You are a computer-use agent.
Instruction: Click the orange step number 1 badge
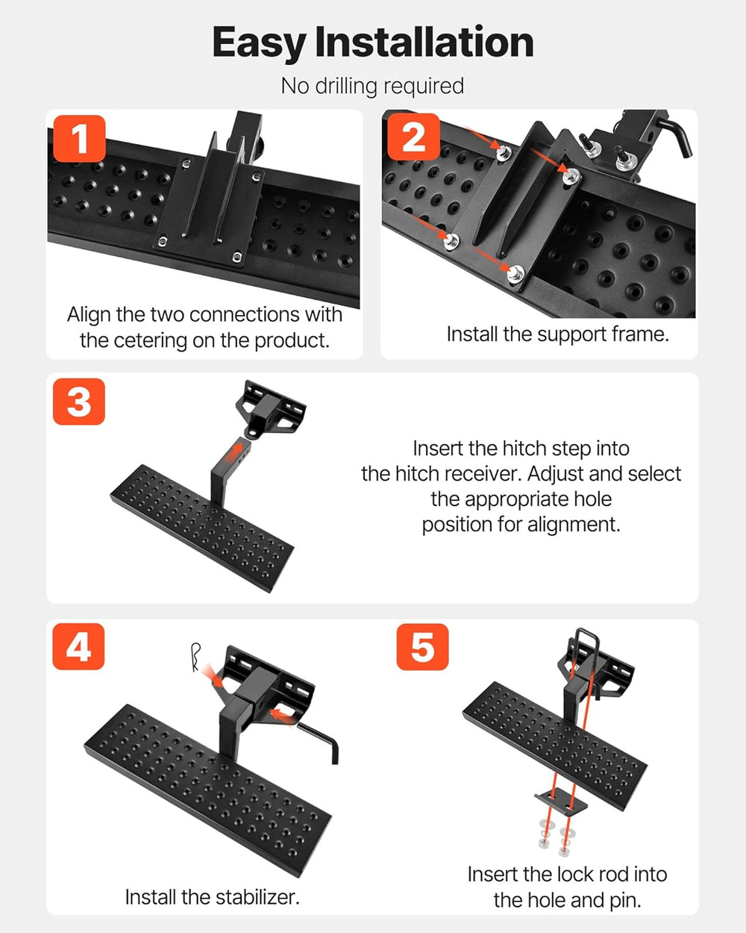point(79,138)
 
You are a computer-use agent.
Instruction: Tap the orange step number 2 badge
point(414,137)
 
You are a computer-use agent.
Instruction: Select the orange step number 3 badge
point(79,402)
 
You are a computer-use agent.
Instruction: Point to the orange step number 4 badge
point(78,646)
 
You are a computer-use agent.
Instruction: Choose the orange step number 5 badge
point(423,646)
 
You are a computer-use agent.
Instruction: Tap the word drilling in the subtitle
point(346,86)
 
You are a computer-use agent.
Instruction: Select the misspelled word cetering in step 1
point(151,341)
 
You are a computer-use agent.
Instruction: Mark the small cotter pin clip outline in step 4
point(196,658)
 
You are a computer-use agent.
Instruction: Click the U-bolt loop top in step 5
point(587,634)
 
